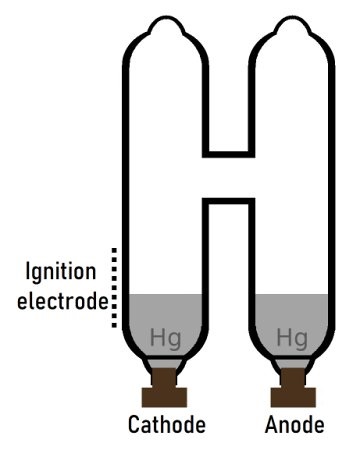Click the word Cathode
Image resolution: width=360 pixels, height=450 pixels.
[167, 425]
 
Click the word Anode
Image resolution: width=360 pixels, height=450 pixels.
[294, 425]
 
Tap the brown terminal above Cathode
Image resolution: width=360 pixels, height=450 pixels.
[164, 384]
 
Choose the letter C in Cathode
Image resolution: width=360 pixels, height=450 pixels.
[134, 425]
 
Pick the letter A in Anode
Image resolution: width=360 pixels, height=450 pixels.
[271, 425]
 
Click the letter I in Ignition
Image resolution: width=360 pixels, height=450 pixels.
[29, 271]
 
